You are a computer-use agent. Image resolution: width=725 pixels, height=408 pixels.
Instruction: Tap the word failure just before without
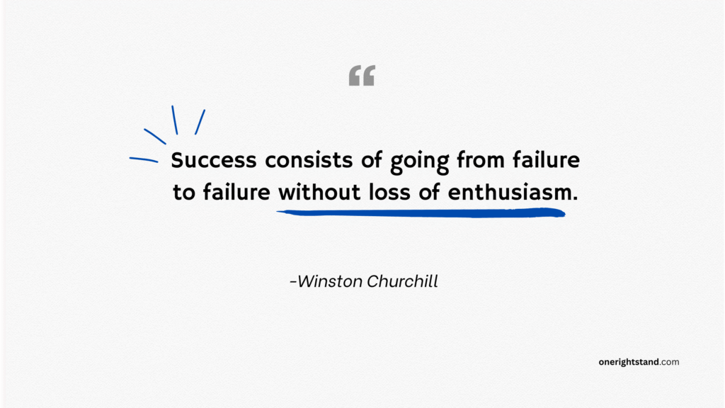click(236, 193)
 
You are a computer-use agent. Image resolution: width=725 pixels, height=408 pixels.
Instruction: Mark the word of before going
click(372, 161)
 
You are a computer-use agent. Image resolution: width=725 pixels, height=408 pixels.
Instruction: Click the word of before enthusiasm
click(433, 193)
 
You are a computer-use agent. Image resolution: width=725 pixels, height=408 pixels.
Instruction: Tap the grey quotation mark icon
click(362, 76)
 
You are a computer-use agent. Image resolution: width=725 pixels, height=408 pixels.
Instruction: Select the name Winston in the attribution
click(329, 281)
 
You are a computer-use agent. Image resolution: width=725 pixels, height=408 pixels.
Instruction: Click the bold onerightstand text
click(629, 362)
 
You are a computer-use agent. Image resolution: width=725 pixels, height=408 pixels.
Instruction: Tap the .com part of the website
click(670, 362)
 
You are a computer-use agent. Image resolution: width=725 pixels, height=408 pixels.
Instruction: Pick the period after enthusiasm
click(575, 198)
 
